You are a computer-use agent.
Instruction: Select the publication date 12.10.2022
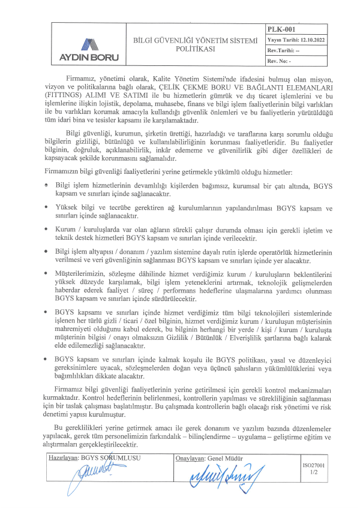click(x=305, y=40)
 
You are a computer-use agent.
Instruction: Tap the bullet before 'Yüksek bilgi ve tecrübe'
click(x=47, y=206)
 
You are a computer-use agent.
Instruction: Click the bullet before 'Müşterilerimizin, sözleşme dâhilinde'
click(x=47, y=273)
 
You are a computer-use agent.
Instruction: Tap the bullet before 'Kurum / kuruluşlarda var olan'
click(x=47, y=228)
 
